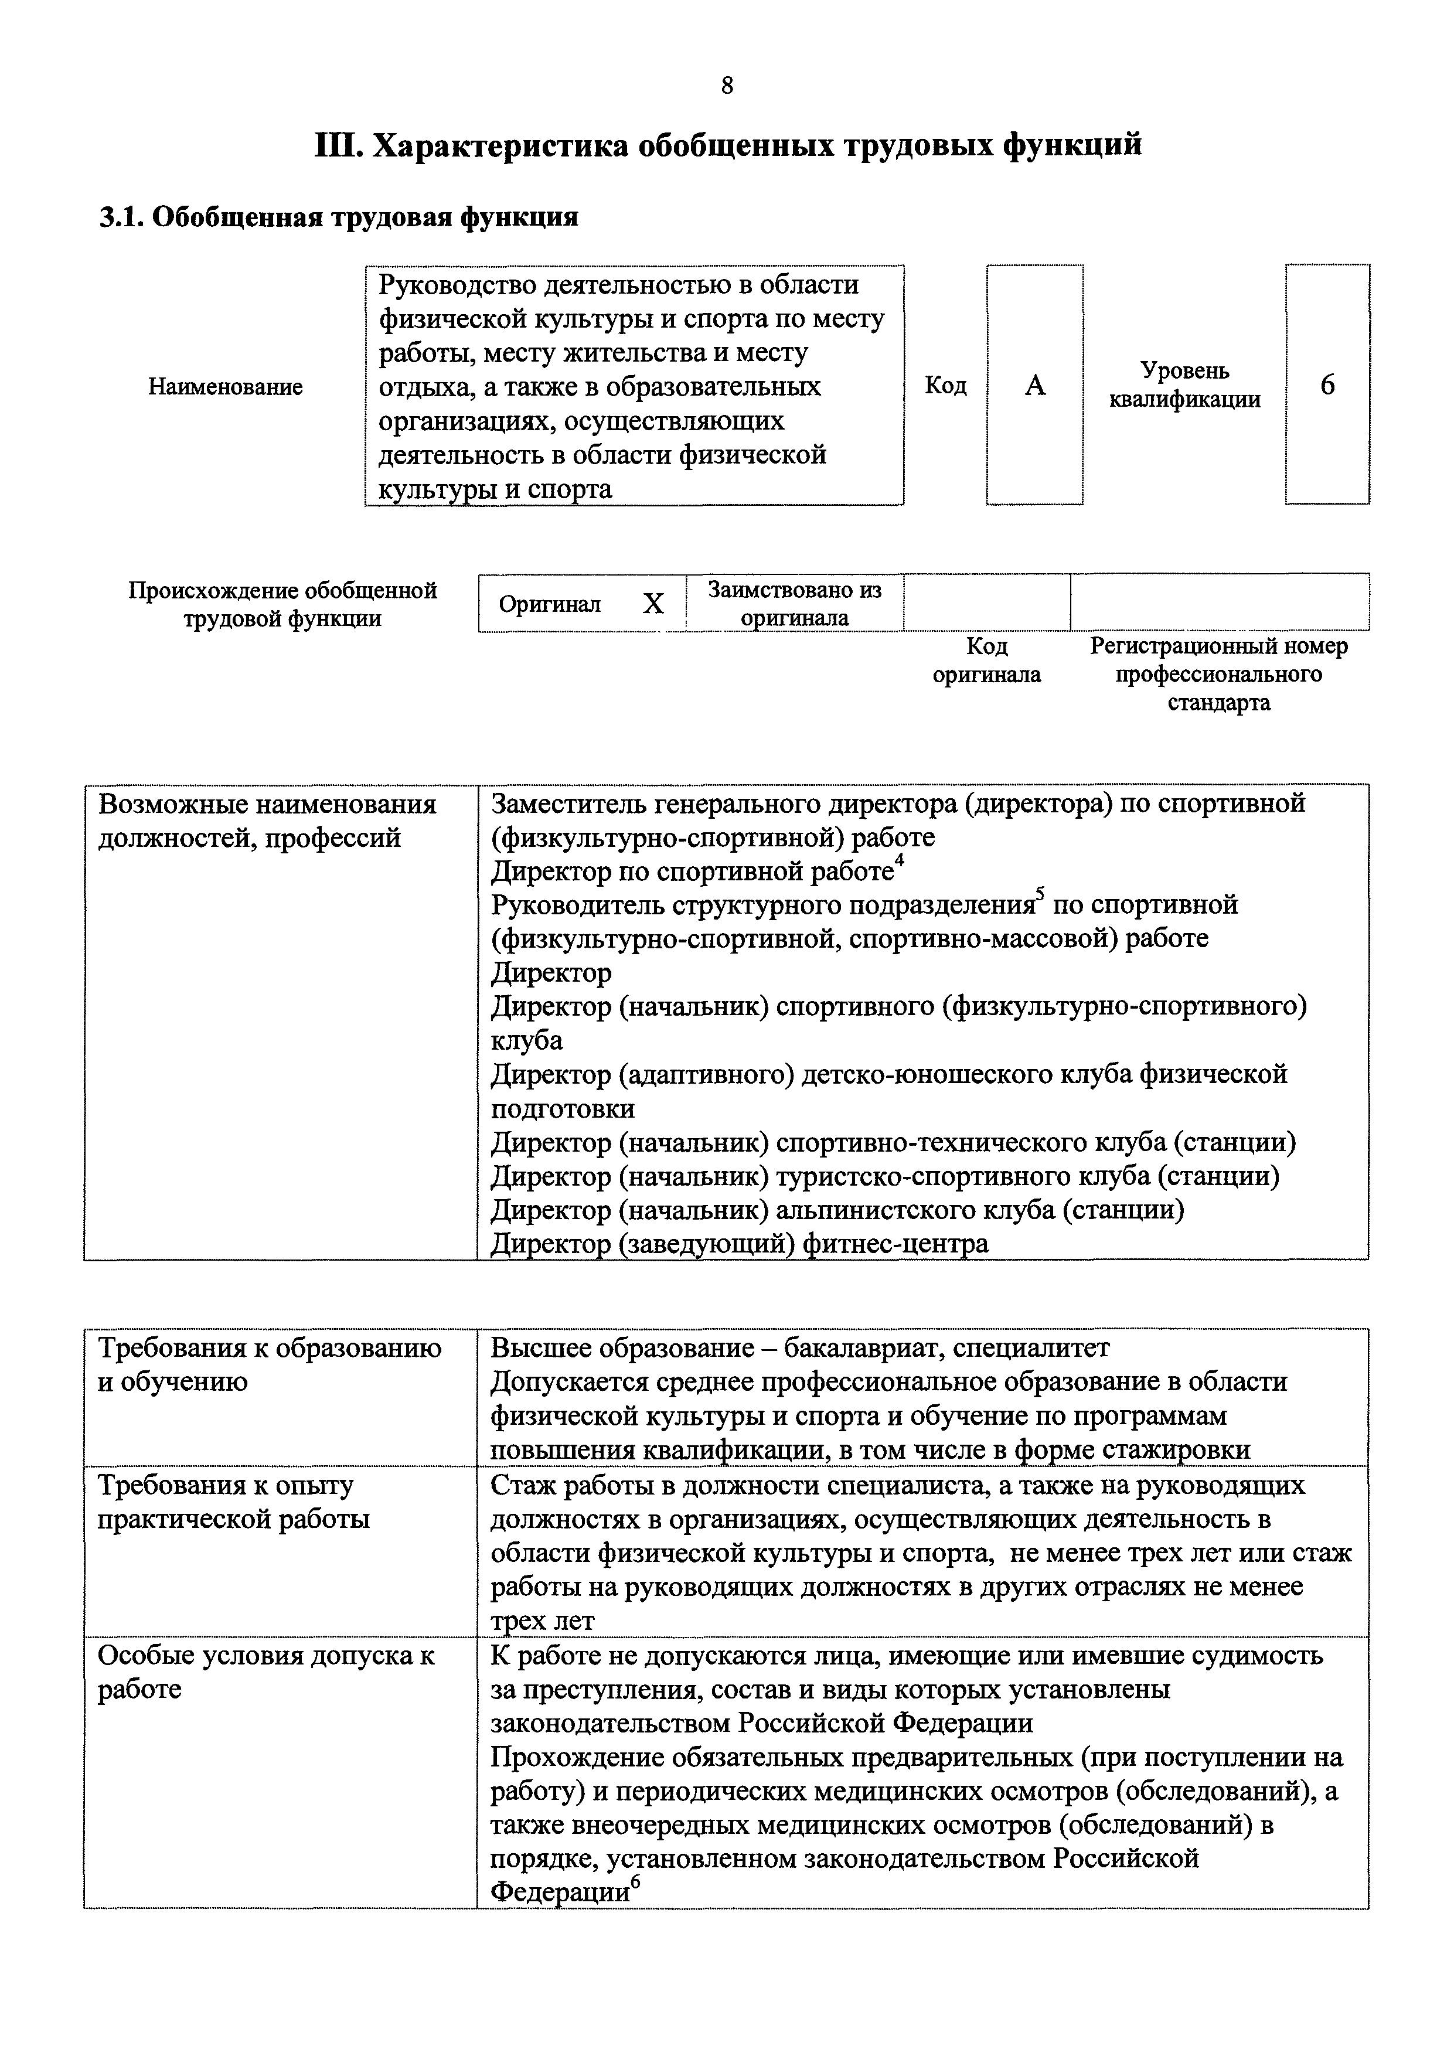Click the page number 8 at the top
click(x=726, y=86)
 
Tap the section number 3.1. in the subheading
click(x=121, y=217)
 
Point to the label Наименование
click(x=226, y=387)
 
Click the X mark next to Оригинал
click(x=653, y=604)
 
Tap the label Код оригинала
click(x=987, y=660)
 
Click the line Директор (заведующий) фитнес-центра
click(x=740, y=1244)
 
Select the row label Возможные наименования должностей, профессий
click(x=267, y=821)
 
